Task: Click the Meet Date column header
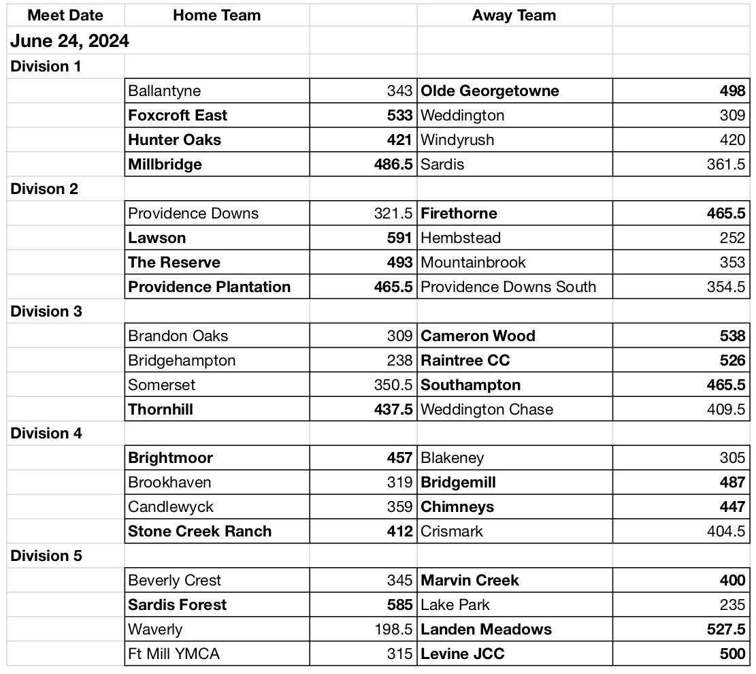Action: [65, 16]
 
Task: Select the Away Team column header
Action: [514, 16]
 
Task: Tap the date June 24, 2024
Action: [69, 42]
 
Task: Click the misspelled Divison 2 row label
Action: [44, 189]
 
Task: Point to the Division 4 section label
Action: [46, 434]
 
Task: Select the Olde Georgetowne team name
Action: [490, 91]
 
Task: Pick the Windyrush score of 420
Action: [732, 140]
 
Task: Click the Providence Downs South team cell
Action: [508, 287]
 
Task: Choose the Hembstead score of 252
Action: [732, 238]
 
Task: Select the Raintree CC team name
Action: [465, 361]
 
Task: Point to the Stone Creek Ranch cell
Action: [200, 532]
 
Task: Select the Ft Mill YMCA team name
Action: [174, 654]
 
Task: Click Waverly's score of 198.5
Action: [393, 630]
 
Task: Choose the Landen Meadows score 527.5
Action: [726, 630]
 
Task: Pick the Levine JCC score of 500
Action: [732, 654]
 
